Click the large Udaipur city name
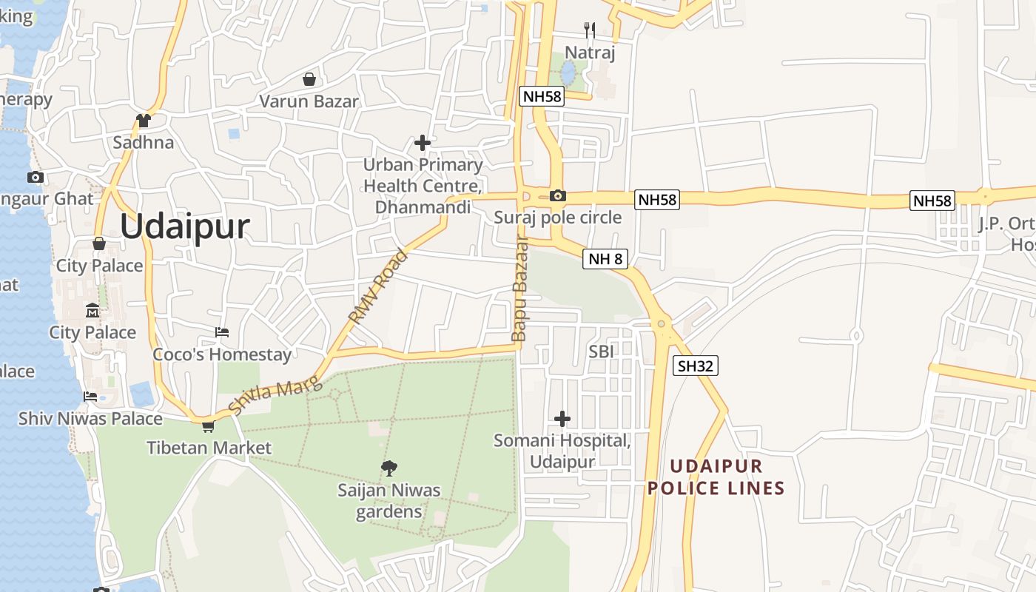pyautogui.click(x=185, y=226)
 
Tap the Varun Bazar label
pyautogui.click(x=309, y=101)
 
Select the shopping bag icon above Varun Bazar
pyautogui.click(x=309, y=78)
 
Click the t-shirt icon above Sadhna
pyautogui.click(x=144, y=120)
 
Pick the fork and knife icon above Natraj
pyautogui.click(x=590, y=30)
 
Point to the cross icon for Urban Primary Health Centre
pyautogui.click(x=423, y=142)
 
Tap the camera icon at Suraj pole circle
pyautogui.click(x=558, y=196)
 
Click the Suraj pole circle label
pyautogui.click(x=558, y=218)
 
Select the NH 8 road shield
pyautogui.click(x=605, y=259)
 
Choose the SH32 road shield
pyautogui.click(x=696, y=366)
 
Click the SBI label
pyautogui.click(x=601, y=351)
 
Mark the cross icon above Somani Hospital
pyautogui.click(x=562, y=419)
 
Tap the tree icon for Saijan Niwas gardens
pyautogui.click(x=388, y=468)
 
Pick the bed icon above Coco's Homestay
pyautogui.click(x=222, y=332)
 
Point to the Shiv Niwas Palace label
pyautogui.click(x=90, y=419)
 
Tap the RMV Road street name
pyautogui.click(x=378, y=287)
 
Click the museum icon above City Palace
pyautogui.click(x=92, y=310)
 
